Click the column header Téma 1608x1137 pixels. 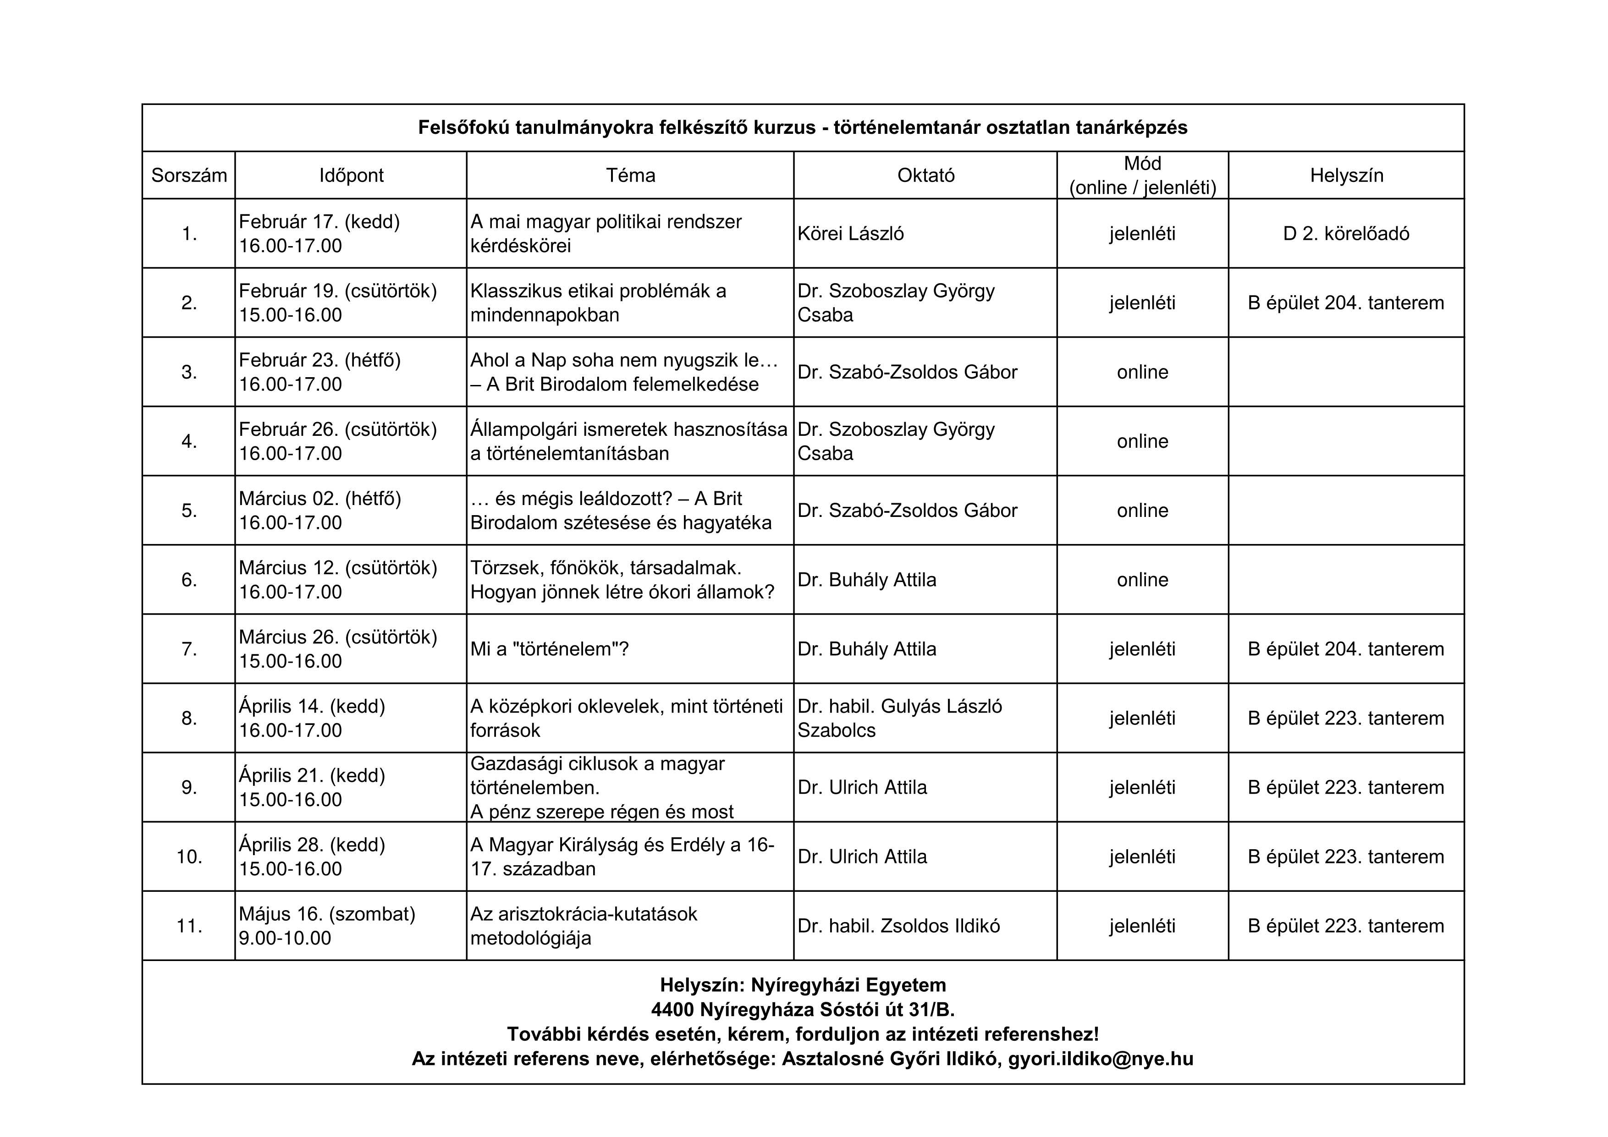pos(630,175)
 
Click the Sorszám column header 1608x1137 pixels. pos(189,175)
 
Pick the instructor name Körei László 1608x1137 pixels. pos(850,234)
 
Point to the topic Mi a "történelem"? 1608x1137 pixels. pos(549,649)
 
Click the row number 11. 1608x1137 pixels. pos(189,926)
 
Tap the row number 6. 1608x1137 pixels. pos(189,580)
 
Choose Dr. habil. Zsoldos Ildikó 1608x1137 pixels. pos(898,926)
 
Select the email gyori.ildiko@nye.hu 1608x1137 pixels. pos(1100,1059)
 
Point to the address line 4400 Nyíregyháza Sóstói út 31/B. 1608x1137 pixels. pos(803,1010)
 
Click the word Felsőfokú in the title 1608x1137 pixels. pos(463,127)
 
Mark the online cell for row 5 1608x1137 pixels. pos(1142,511)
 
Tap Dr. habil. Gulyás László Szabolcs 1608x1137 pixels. pos(899,718)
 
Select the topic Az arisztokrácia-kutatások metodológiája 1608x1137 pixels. pos(584,926)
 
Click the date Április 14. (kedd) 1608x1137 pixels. pos(312,706)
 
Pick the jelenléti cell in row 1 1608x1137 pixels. pos(1142,234)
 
